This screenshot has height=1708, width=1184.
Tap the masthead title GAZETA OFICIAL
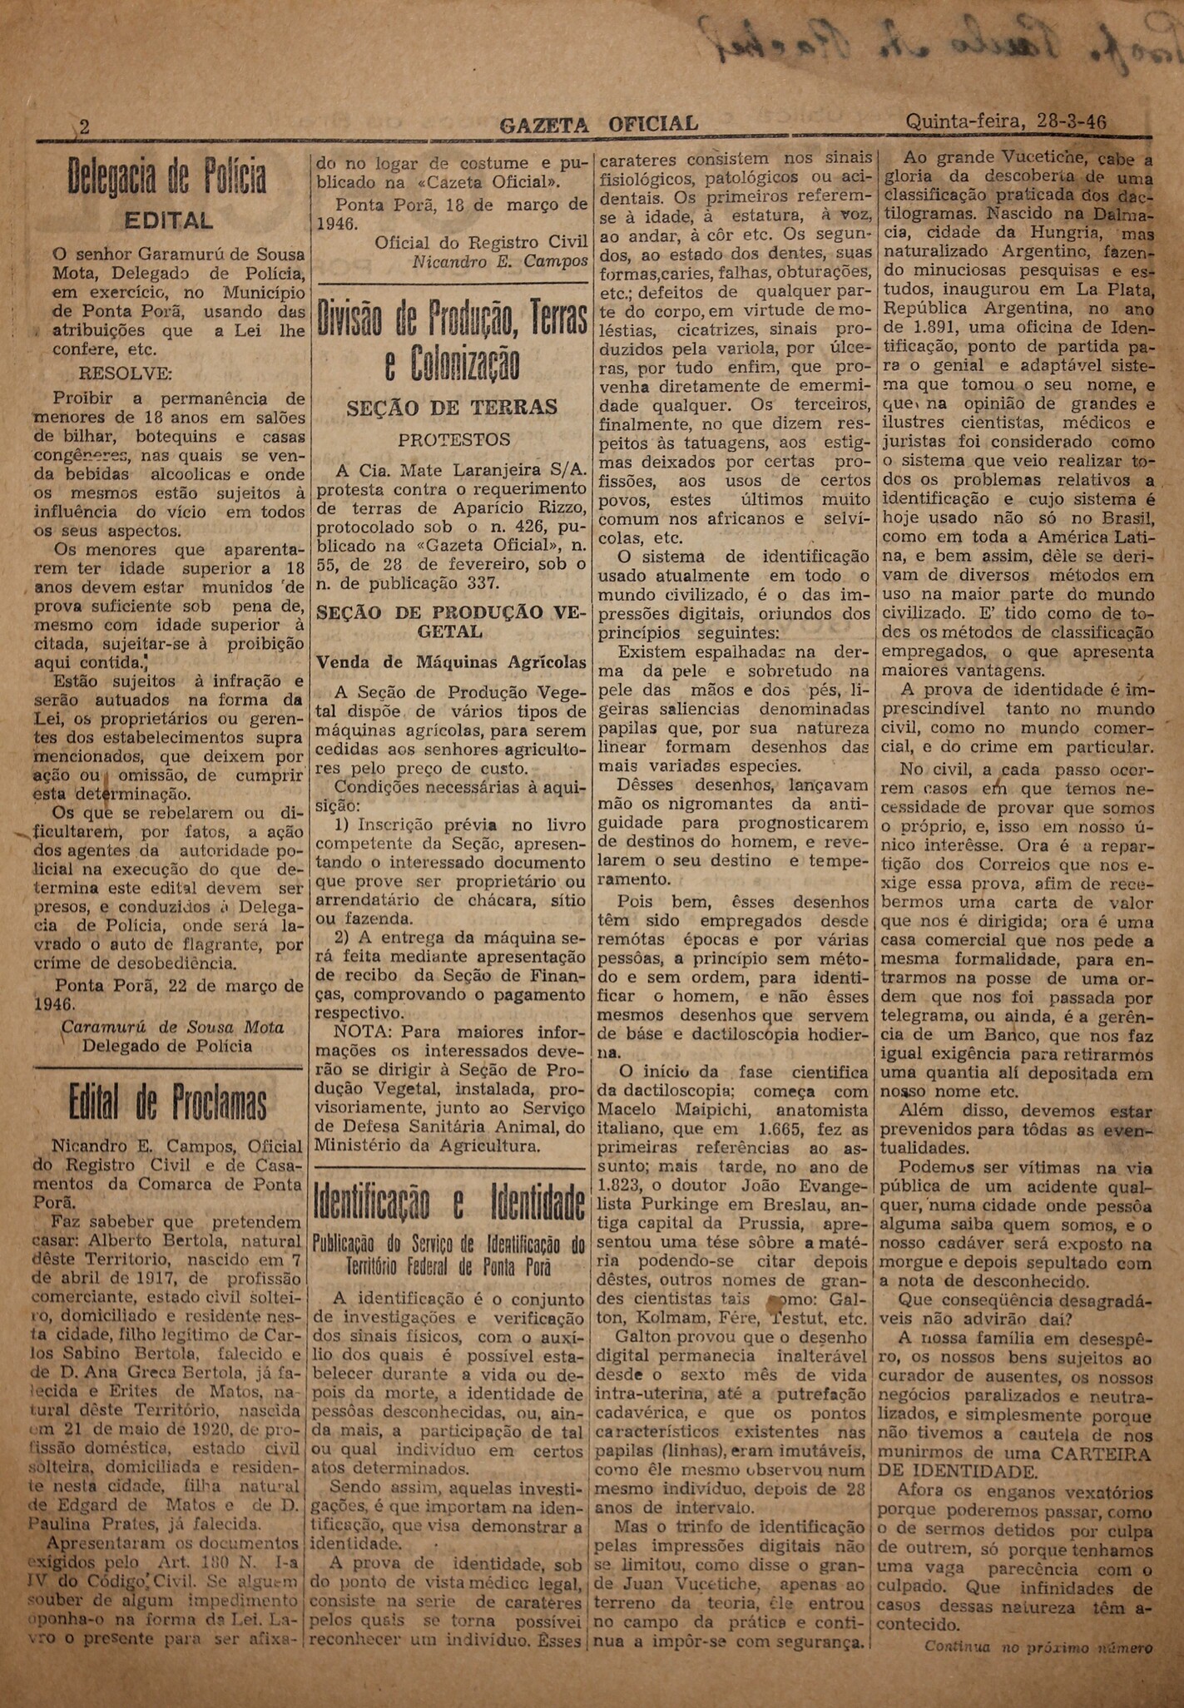[x=598, y=124]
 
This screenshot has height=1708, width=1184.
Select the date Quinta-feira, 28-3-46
[x=1006, y=121]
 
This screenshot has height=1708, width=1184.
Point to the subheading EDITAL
[x=168, y=220]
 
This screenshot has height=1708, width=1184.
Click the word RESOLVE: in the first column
[x=125, y=372]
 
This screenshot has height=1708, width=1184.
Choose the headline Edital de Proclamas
[x=168, y=1103]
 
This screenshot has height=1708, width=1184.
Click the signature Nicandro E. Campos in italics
[x=500, y=261]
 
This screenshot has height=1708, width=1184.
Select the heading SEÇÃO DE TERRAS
[x=452, y=407]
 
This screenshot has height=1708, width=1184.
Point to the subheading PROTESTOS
[x=453, y=439]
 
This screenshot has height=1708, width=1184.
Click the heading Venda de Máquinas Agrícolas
[x=450, y=662]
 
